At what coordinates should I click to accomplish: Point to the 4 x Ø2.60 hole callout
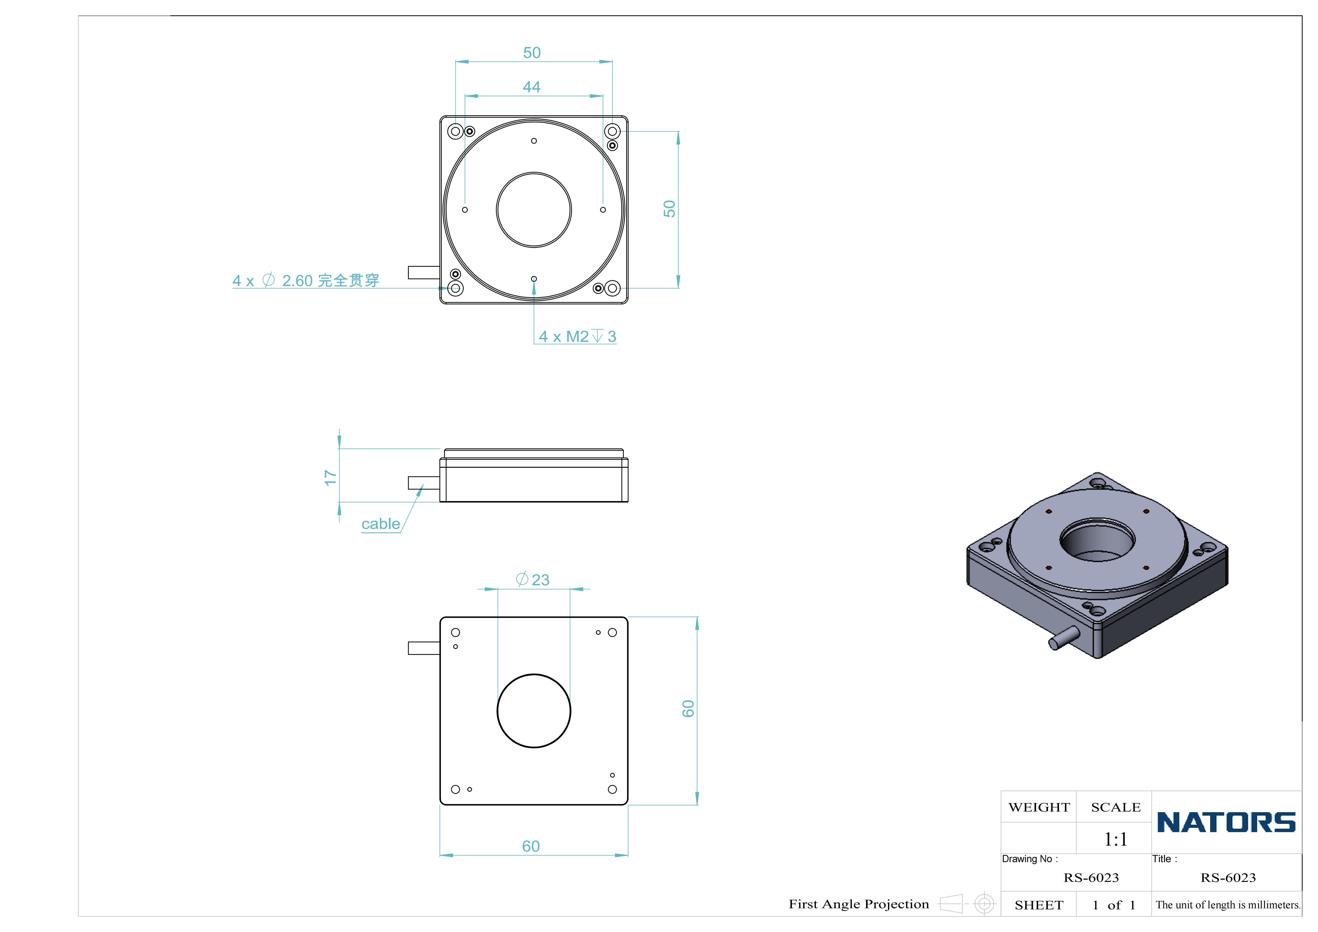pyautogui.click(x=306, y=281)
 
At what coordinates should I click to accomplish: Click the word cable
pyautogui.click(x=381, y=524)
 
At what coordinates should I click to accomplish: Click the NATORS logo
pyautogui.click(x=1226, y=822)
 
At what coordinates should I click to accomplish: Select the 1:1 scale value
pyautogui.click(x=1115, y=840)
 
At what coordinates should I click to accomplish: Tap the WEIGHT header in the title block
pyautogui.click(x=1039, y=807)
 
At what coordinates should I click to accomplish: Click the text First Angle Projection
pyautogui.click(x=859, y=904)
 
